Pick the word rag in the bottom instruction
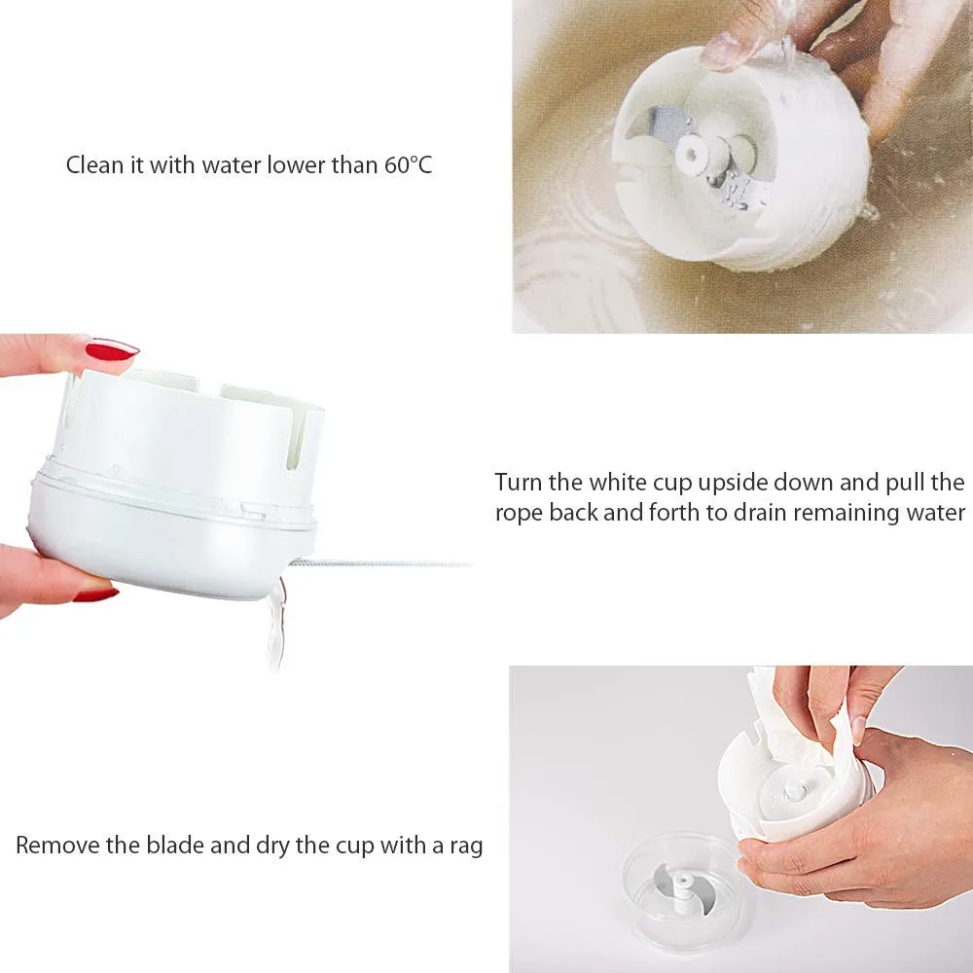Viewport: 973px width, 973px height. [x=467, y=847]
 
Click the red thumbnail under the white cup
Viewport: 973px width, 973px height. [x=96, y=594]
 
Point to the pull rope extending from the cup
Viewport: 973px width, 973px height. [x=379, y=563]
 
